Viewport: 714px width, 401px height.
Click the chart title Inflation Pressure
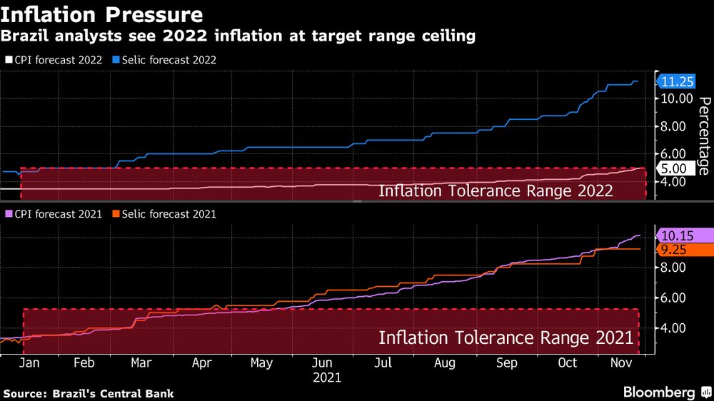(x=101, y=14)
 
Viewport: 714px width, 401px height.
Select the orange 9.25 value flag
(x=678, y=250)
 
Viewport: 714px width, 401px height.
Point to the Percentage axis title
(x=703, y=136)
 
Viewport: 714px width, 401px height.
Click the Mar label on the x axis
(x=141, y=363)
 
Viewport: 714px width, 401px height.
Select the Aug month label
(x=445, y=363)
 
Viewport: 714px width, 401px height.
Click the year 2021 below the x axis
(x=326, y=377)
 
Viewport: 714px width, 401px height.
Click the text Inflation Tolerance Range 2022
(x=496, y=191)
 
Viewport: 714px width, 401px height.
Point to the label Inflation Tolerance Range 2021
(x=506, y=337)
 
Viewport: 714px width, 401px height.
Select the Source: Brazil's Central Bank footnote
(x=89, y=393)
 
